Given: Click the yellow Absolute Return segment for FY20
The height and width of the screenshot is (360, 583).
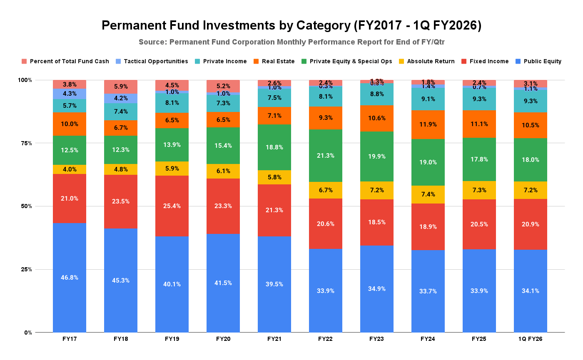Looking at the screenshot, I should click(x=223, y=171).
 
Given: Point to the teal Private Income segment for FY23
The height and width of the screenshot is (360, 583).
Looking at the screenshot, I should click(x=377, y=94).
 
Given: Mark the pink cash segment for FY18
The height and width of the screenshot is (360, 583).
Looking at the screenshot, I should click(x=121, y=87).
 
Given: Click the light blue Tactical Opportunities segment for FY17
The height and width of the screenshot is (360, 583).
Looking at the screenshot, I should click(x=70, y=94).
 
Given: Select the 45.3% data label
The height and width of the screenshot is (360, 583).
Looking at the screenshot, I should click(x=121, y=281).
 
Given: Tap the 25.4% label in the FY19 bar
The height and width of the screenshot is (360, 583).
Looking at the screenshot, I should click(x=172, y=206).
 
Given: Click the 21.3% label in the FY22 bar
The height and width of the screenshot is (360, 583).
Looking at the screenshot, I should click(x=326, y=155).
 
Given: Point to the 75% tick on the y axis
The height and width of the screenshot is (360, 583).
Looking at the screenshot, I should click(x=26, y=143).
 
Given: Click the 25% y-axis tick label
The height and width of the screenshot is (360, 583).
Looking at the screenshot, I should click(x=26, y=269).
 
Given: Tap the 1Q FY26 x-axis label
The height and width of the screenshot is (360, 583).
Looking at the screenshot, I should click(x=531, y=339).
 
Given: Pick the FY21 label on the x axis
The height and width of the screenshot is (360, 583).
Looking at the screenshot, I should click(x=274, y=339).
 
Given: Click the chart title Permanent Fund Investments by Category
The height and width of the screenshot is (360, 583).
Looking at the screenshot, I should click(x=291, y=26).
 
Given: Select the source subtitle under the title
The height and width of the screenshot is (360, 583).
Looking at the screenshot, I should click(x=291, y=42).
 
